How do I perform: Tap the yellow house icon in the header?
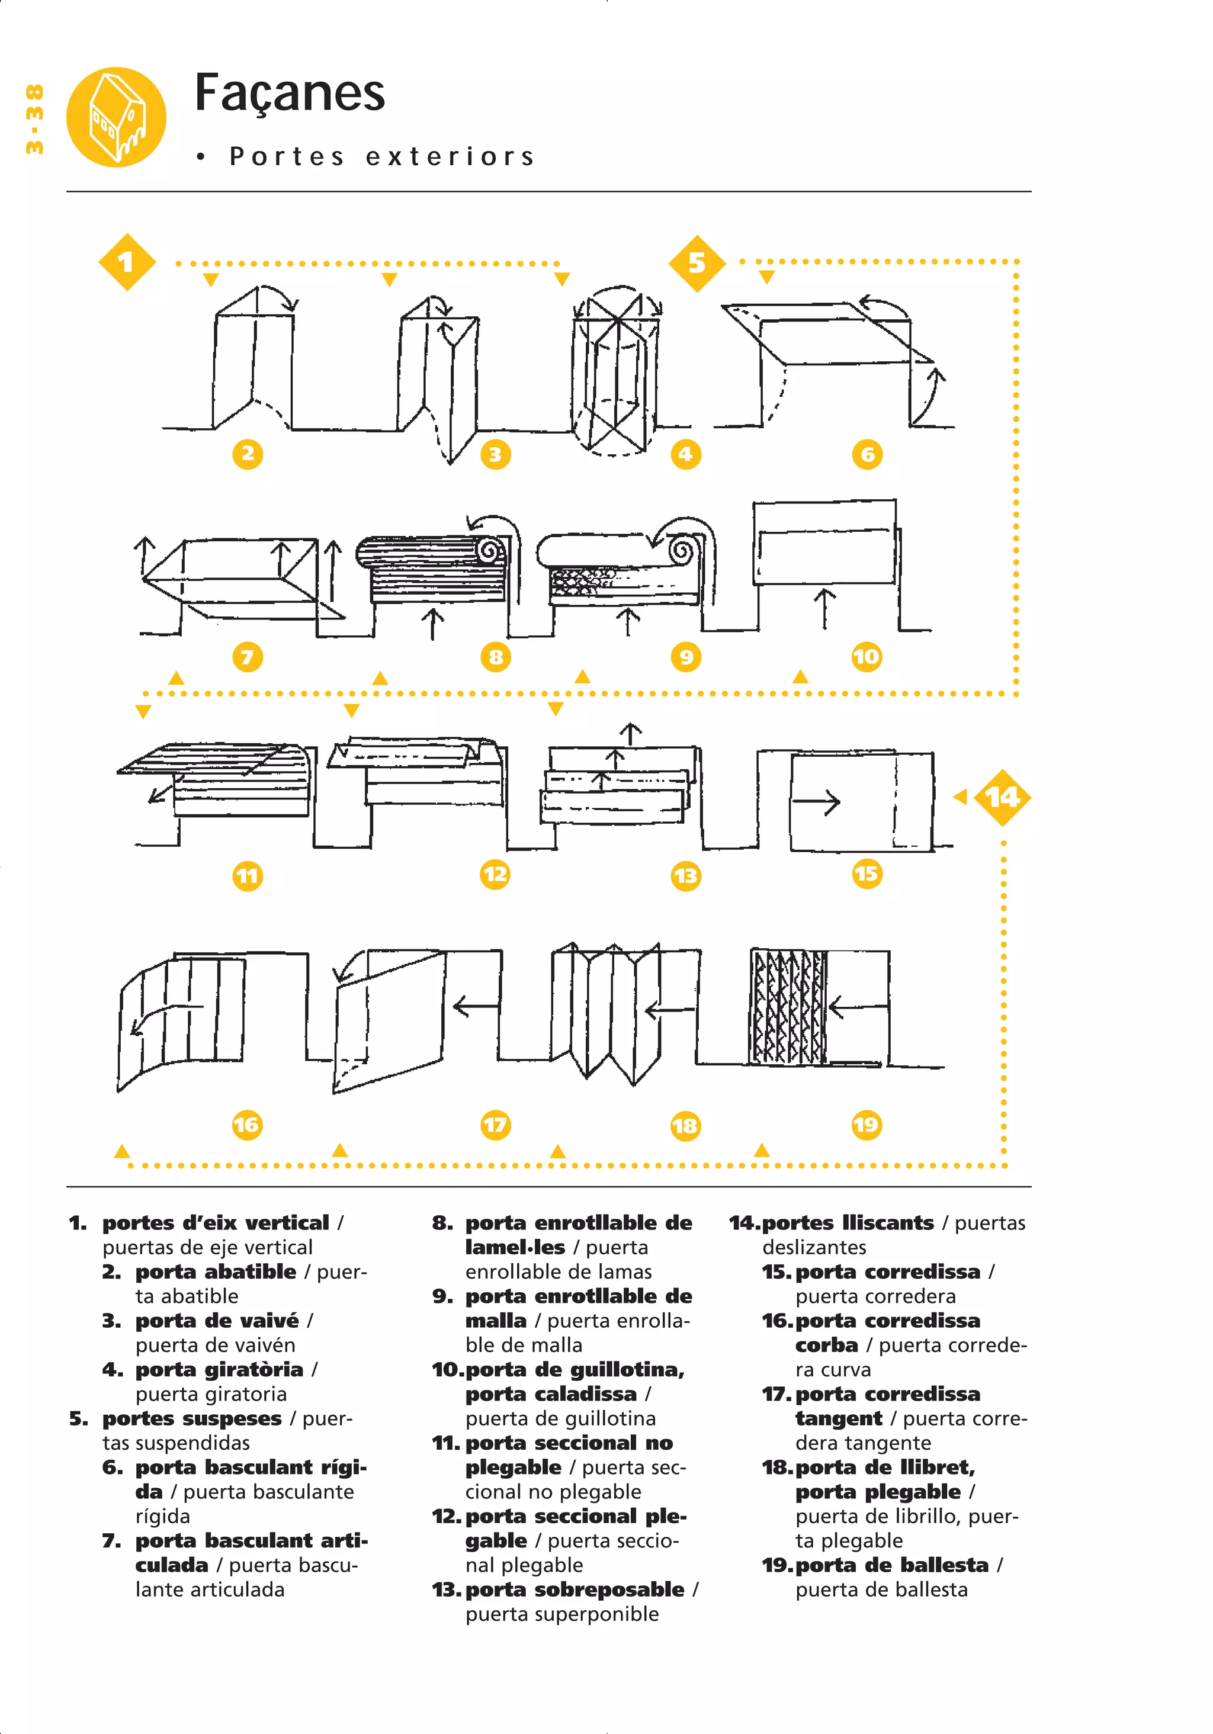point(115,117)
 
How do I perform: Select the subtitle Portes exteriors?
point(381,156)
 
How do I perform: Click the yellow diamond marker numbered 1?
point(127,262)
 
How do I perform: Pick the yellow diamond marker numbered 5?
point(697,263)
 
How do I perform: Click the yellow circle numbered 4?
point(685,454)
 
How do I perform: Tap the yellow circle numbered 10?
point(867,656)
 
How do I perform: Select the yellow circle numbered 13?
point(685,876)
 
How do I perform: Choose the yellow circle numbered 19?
point(867,1125)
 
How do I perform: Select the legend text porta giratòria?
point(219,1369)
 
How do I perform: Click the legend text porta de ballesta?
point(891,1565)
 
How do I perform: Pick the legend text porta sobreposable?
point(575,1589)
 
